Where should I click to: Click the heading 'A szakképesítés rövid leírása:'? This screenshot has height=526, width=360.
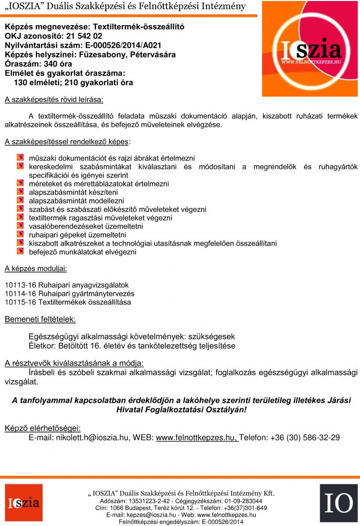click(x=53, y=98)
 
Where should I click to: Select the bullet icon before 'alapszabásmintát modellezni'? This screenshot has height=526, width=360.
click(x=20, y=200)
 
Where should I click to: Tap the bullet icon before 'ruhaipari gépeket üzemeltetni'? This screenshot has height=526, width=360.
click(x=20, y=234)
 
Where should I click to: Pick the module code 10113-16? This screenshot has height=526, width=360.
click(x=20, y=285)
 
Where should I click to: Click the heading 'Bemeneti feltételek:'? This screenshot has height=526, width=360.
click(x=40, y=320)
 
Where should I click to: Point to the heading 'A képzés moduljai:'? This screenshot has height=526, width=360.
click(x=35, y=268)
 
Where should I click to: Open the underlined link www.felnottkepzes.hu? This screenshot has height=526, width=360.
click(x=196, y=438)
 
